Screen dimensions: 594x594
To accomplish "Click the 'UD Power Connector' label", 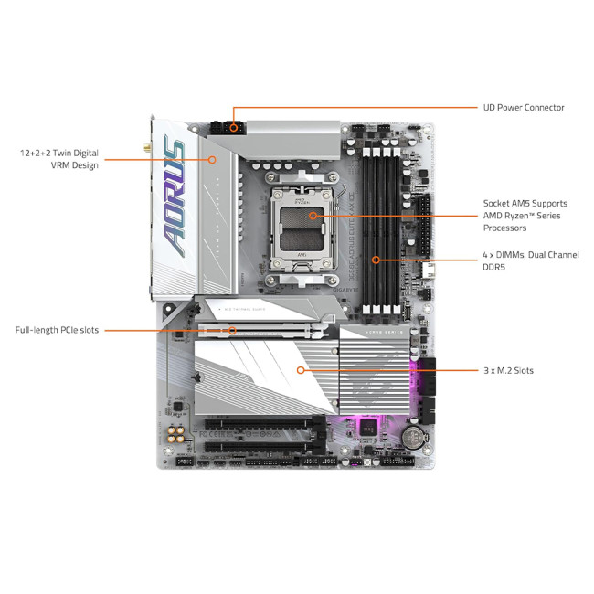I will (x=523, y=108).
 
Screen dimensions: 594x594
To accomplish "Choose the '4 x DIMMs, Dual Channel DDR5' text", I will (x=530, y=260).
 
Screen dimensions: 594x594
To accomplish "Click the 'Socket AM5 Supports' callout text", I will (x=525, y=203).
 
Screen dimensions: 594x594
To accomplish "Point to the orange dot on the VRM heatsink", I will (x=212, y=159).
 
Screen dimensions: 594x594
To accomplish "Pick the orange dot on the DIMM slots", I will (x=376, y=260).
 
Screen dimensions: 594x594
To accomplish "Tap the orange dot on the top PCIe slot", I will (x=232, y=330).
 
